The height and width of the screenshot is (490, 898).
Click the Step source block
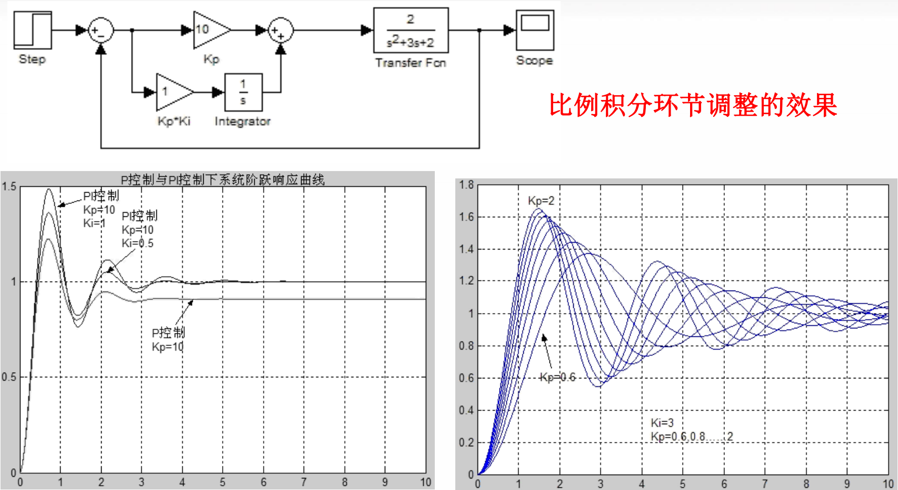click(33, 31)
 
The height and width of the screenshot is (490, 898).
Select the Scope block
click(534, 31)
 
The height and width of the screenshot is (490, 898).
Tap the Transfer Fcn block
click(411, 31)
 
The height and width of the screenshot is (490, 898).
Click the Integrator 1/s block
click(243, 92)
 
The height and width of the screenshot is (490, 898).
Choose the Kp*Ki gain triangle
click(172, 92)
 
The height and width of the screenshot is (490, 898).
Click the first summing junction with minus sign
click(100, 31)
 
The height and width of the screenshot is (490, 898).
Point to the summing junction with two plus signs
click(281, 31)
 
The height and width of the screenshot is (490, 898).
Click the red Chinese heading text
click(693, 105)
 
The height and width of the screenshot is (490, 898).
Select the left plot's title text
click(223, 180)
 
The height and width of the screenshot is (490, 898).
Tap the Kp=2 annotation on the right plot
click(541, 201)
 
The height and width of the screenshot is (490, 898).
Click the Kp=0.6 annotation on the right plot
click(558, 377)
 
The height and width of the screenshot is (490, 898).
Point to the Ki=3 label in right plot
click(662, 423)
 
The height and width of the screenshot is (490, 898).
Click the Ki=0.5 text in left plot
click(137, 243)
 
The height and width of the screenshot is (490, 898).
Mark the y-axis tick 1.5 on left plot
click(9, 187)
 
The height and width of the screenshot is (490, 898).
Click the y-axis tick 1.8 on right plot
click(466, 185)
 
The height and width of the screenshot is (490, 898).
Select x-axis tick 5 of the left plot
click(223, 482)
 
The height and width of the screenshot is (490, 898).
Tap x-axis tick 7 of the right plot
click(765, 484)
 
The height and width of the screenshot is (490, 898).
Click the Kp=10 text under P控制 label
click(167, 347)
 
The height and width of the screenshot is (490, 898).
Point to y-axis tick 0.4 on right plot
click(466, 411)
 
